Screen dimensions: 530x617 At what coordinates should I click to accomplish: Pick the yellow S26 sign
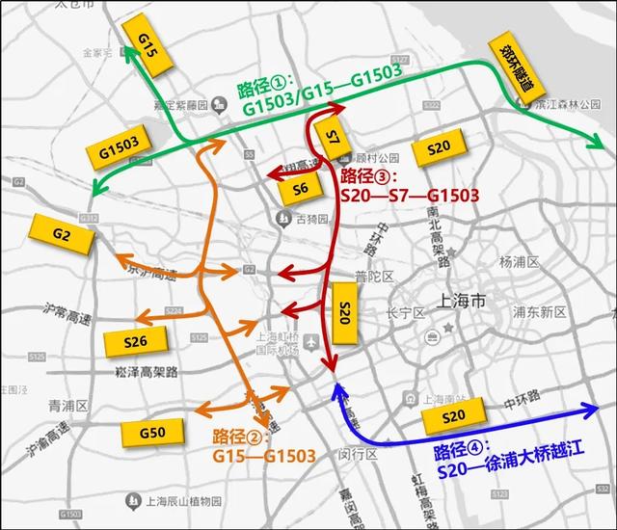pos(135,342)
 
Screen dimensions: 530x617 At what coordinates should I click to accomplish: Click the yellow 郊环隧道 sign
pos(510,67)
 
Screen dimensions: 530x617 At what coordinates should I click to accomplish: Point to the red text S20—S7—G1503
pos(410,196)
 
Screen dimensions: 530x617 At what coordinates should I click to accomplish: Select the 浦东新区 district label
pos(539,312)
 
